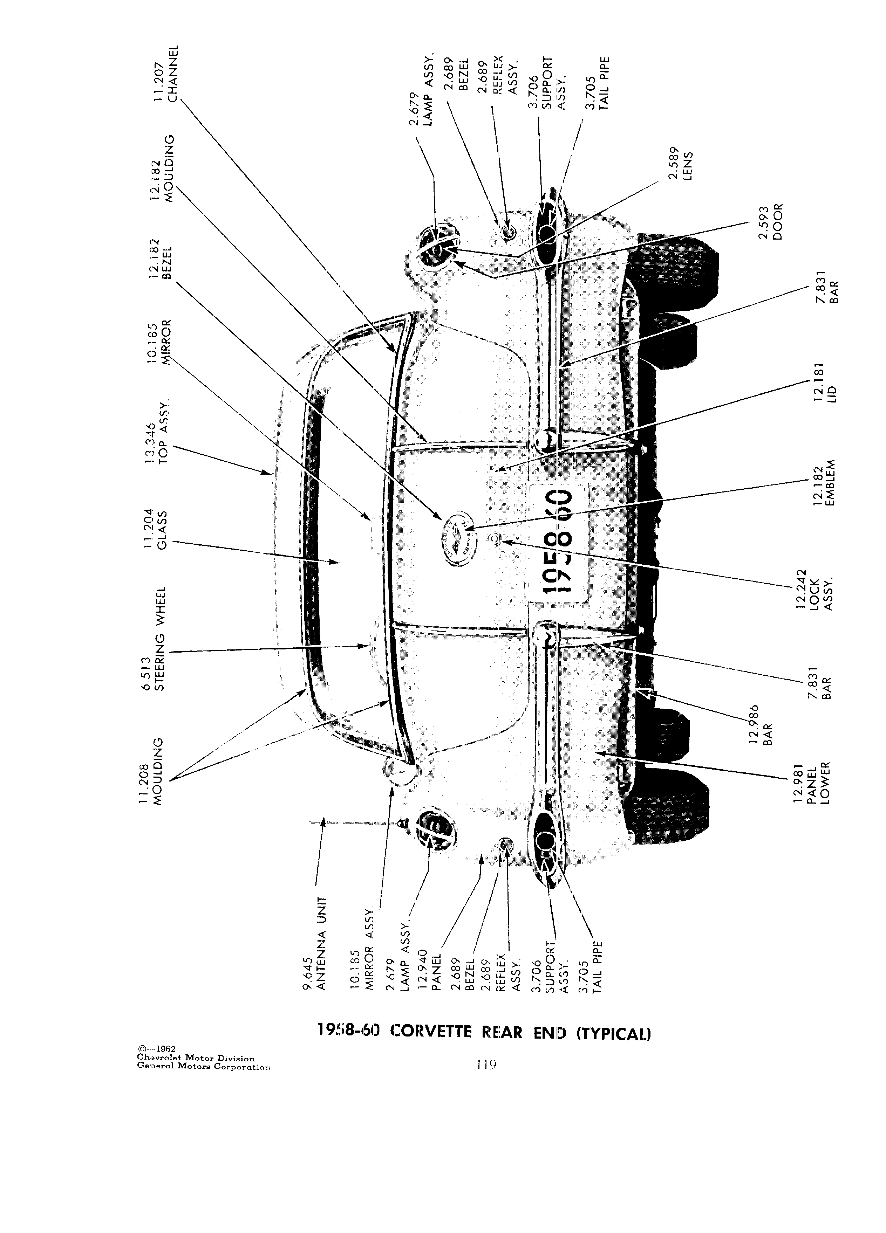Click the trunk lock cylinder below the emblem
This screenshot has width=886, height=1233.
coord(495,540)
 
